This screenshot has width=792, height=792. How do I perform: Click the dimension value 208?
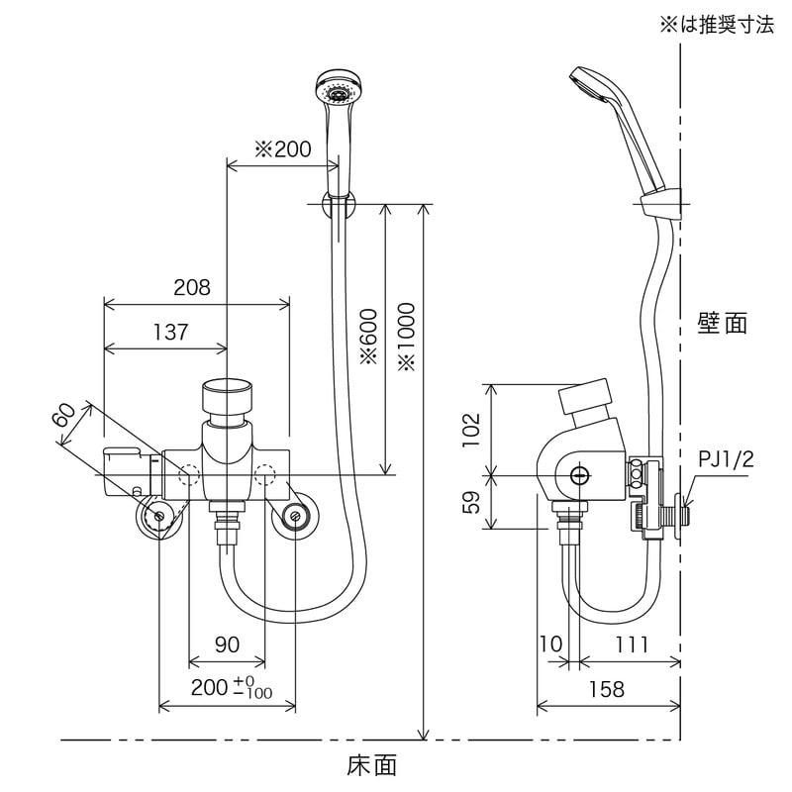(192, 287)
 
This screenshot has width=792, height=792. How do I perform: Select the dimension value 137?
(170, 333)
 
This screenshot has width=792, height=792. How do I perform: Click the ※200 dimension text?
(282, 149)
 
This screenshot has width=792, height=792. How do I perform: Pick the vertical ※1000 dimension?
(407, 338)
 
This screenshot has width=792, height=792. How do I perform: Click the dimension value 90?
(227, 644)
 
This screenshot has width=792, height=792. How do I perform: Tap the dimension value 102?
(473, 432)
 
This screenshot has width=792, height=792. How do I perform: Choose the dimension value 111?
(629, 644)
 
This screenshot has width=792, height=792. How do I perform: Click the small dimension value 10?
(550, 644)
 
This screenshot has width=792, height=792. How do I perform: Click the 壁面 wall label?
(722, 323)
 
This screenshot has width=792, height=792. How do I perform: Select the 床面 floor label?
(372, 765)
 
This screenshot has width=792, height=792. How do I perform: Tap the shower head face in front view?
(335, 92)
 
